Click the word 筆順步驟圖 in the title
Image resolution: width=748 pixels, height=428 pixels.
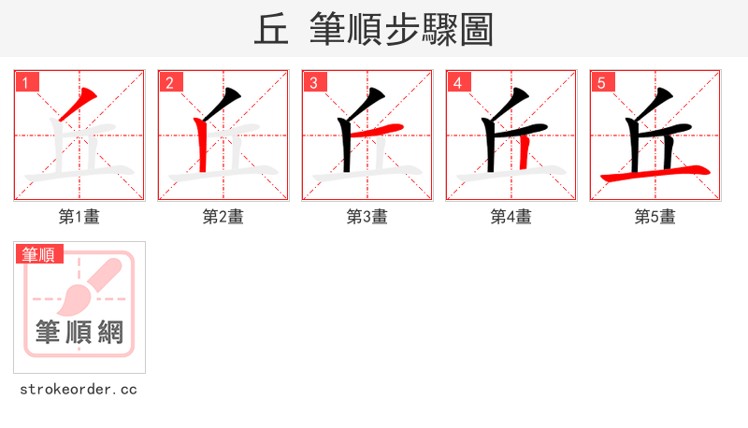click(x=401, y=29)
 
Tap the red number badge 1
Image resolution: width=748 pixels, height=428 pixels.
click(x=26, y=82)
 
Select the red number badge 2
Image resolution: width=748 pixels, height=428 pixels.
click(x=170, y=82)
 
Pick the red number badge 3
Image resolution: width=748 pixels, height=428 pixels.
click(x=314, y=82)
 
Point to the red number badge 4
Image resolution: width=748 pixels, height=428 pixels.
click(x=458, y=82)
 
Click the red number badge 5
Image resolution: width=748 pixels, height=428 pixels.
click(x=602, y=82)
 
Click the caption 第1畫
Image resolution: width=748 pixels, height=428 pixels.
click(x=79, y=217)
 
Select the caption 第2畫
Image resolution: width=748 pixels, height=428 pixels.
click(x=223, y=217)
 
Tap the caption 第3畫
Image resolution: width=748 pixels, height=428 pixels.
click(x=367, y=217)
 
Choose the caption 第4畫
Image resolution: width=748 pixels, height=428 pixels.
click(x=511, y=217)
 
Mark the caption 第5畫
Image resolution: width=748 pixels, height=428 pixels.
click(x=655, y=217)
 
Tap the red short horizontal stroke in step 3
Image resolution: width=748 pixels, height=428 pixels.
click(x=383, y=129)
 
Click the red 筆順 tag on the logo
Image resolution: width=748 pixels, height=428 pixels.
click(x=39, y=253)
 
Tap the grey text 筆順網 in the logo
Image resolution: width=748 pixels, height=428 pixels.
click(x=79, y=332)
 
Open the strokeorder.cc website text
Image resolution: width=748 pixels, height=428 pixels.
click(x=79, y=389)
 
